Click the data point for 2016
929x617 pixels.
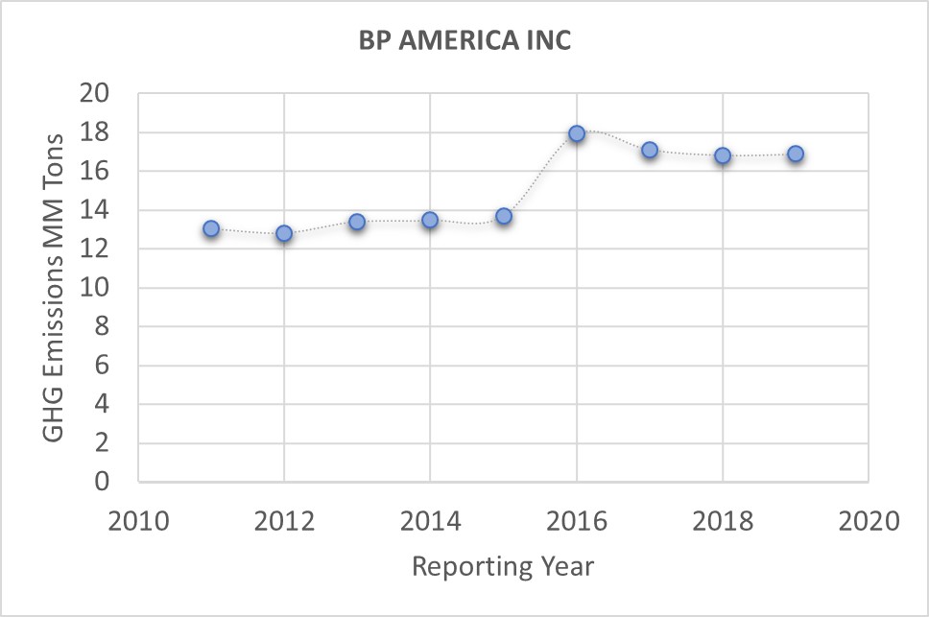point(576,133)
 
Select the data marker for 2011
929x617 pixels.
point(211,228)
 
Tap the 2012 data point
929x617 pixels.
point(284,233)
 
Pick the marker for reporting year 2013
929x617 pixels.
point(357,222)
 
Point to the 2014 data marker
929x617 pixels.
point(430,220)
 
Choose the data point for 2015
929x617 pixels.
point(504,216)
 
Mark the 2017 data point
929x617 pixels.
point(650,150)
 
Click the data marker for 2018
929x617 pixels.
point(723,155)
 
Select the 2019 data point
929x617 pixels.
point(796,154)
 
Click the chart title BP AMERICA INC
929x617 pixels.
point(464,41)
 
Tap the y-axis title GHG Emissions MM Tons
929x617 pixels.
point(55,287)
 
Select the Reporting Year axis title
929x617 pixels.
point(503,566)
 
